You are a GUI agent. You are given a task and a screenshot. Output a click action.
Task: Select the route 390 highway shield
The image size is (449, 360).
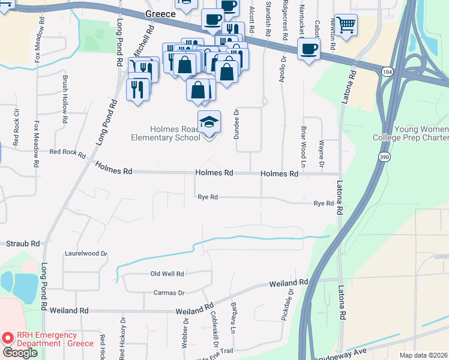[x=384, y=157]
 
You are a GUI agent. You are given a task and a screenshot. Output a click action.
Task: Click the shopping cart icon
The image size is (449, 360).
[x=346, y=25]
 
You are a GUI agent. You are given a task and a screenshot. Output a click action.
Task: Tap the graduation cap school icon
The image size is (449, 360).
[x=209, y=122]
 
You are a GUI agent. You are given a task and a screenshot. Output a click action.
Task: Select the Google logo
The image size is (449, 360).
[x=20, y=352]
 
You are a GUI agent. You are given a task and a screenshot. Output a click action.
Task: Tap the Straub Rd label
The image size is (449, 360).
[x=22, y=244]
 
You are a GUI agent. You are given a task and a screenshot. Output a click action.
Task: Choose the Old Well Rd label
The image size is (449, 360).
[x=167, y=274]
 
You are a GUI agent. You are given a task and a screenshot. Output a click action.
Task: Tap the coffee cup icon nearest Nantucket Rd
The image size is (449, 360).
[x=309, y=50]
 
